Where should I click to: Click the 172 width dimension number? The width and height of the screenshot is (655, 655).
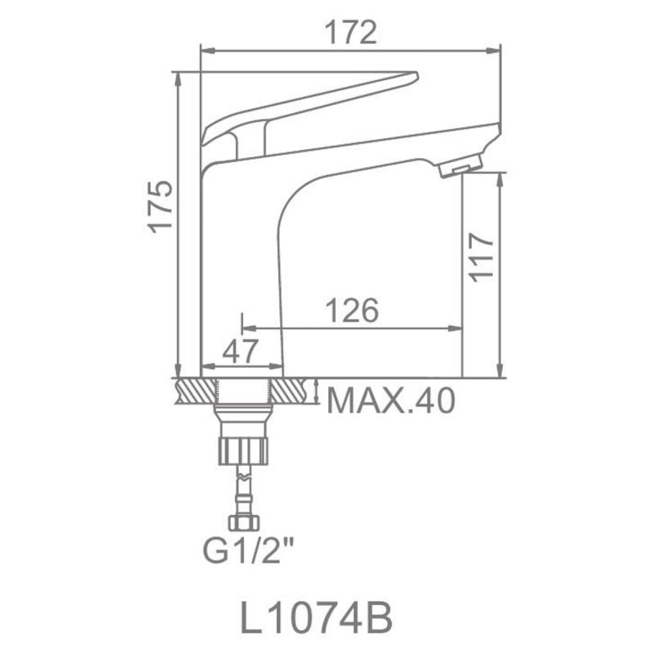[x=350, y=33]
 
